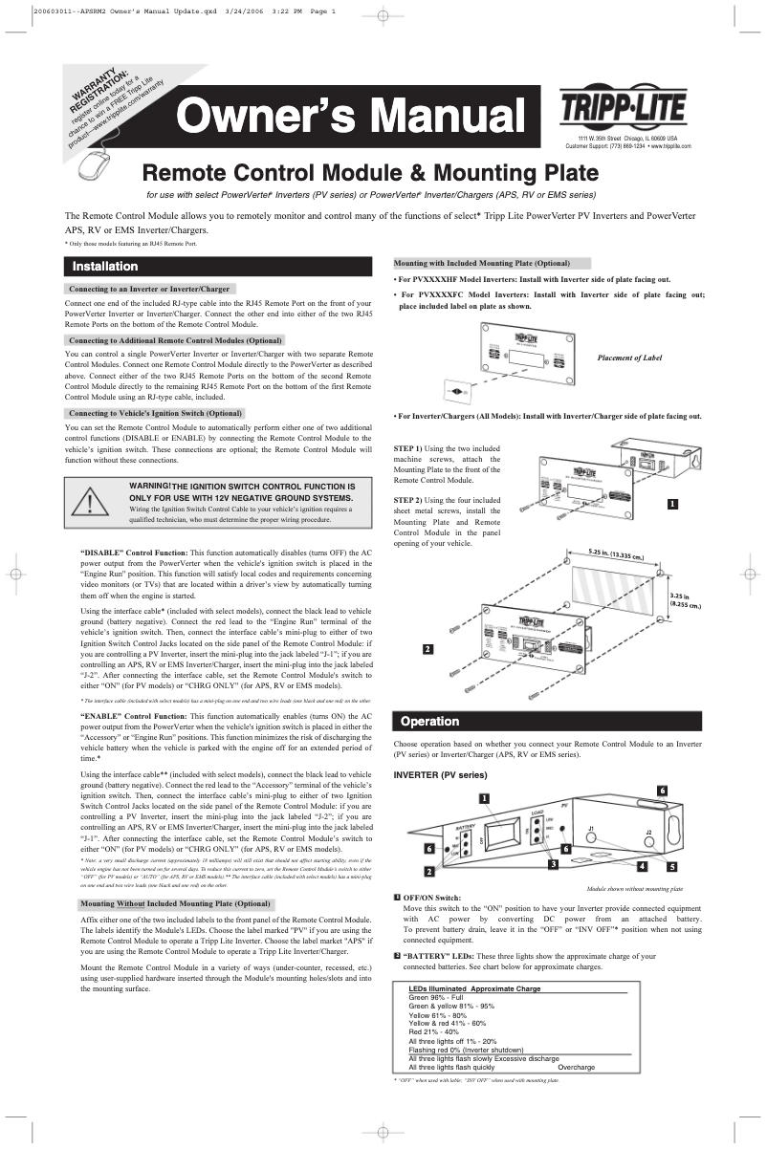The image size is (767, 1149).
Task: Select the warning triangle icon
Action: pyautogui.click(x=91, y=501)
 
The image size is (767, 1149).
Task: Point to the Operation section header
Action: pyautogui.click(x=429, y=721)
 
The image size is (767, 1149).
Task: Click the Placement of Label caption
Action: pyautogui.click(x=629, y=358)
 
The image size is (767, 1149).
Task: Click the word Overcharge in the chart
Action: pyautogui.click(x=576, y=1067)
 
